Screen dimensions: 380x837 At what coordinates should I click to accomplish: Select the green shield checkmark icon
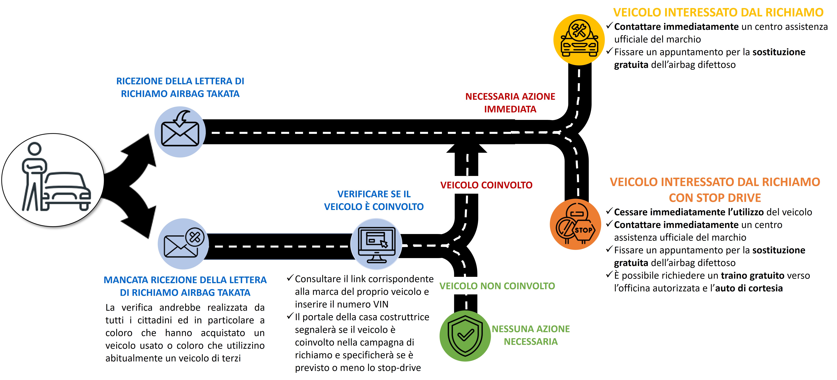click(x=465, y=336)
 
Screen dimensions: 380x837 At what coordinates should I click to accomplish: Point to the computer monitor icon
click(x=376, y=244)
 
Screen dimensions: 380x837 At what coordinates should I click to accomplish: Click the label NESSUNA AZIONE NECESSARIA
click(x=531, y=335)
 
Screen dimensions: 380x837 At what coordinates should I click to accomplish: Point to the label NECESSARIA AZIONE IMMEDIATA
click(x=510, y=103)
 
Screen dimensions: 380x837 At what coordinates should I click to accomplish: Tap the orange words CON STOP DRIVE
click(x=715, y=198)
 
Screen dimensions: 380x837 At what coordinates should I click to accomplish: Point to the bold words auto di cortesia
click(x=749, y=288)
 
